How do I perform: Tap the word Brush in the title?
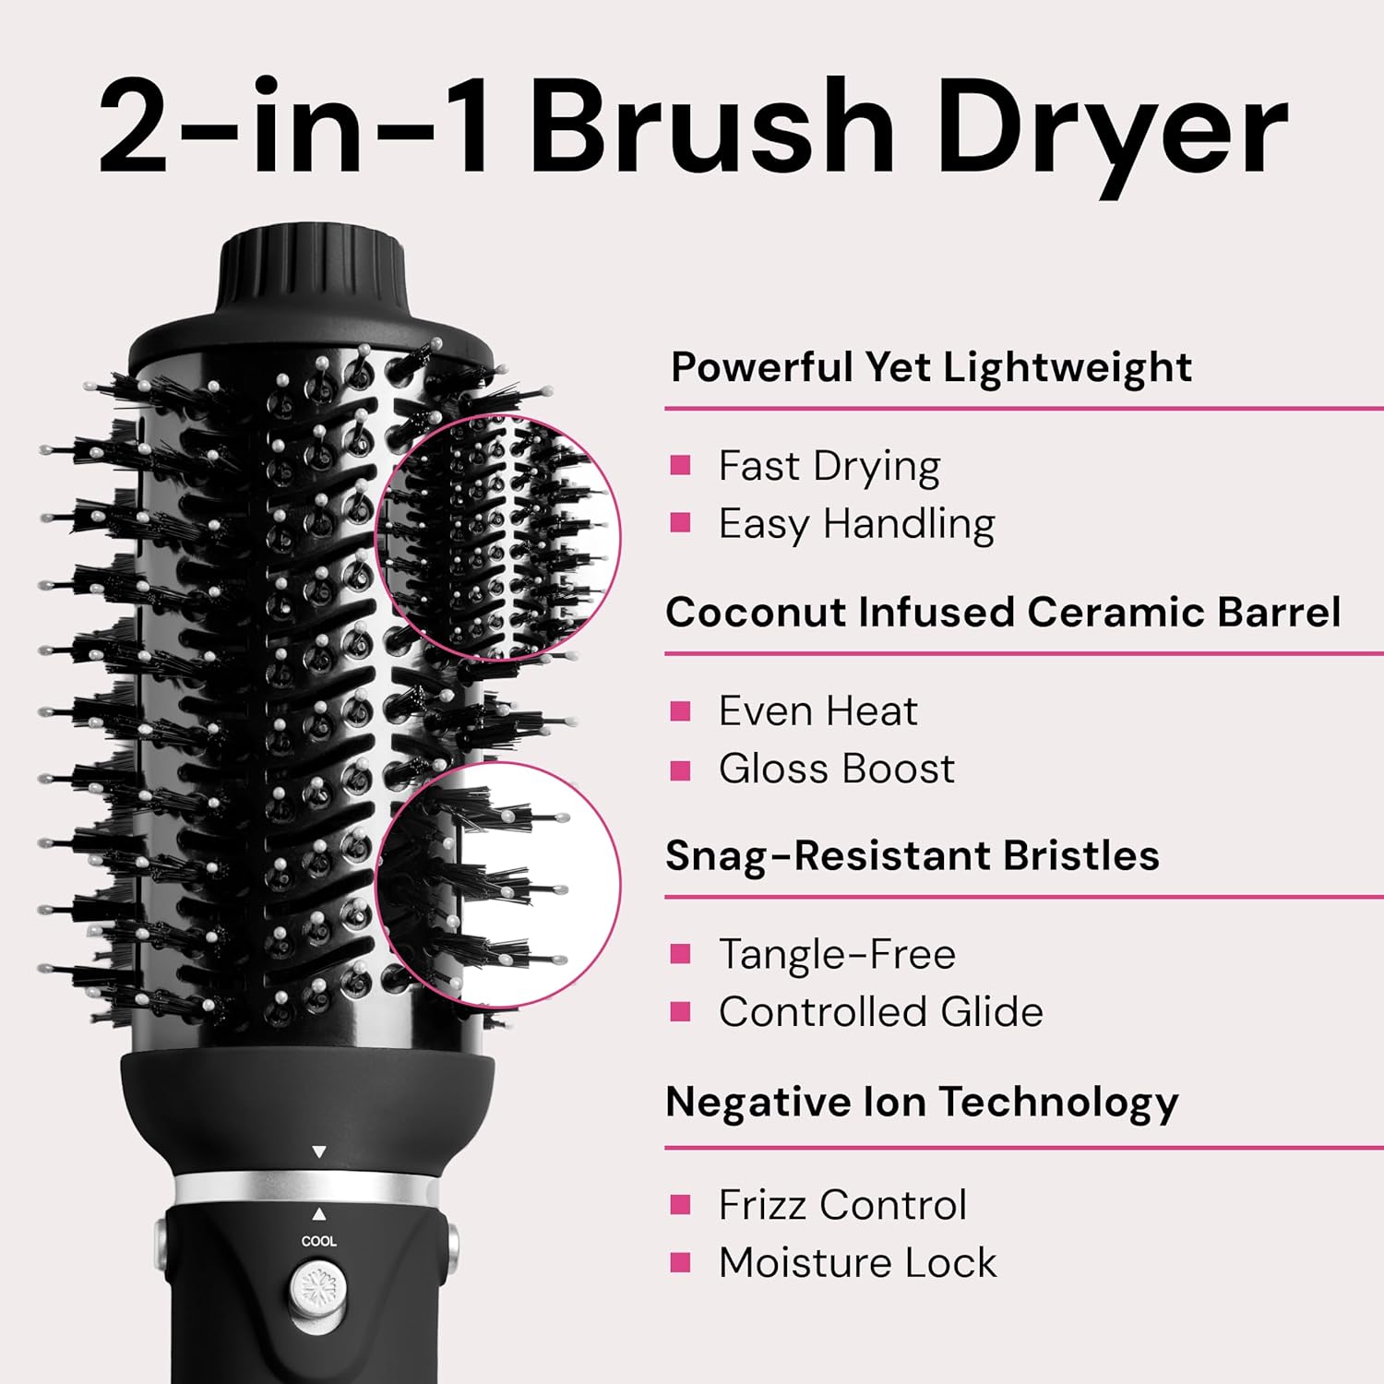pyautogui.click(x=712, y=126)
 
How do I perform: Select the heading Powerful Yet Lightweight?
pyautogui.click(x=931, y=367)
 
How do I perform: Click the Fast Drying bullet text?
pyautogui.click(x=829, y=467)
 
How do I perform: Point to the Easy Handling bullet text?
pyautogui.click(x=857, y=525)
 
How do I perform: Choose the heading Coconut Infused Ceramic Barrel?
pyautogui.click(x=1003, y=612)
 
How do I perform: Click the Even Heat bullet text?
pyautogui.click(x=818, y=711)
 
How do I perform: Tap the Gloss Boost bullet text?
pyautogui.click(x=837, y=769)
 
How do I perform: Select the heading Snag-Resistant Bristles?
pyautogui.click(x=913, y=856)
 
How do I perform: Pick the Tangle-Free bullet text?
pyautogui.click(x=837, y=954)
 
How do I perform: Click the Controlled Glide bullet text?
pyautogui.click(x=881, y=1012)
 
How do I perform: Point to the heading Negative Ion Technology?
pyautogui.click(x=922, y=1103)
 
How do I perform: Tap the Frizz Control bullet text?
pyautogui.click(x=842, y=1205)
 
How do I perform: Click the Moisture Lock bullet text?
pyautogui.click(x=858, y=1263)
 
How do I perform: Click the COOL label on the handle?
pyautogui.click(x=319, y=1241)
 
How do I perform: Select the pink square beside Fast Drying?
pyautogui.click(x=681, y=465)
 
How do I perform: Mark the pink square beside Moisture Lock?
pyautogui.click(x=681, y=1262)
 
